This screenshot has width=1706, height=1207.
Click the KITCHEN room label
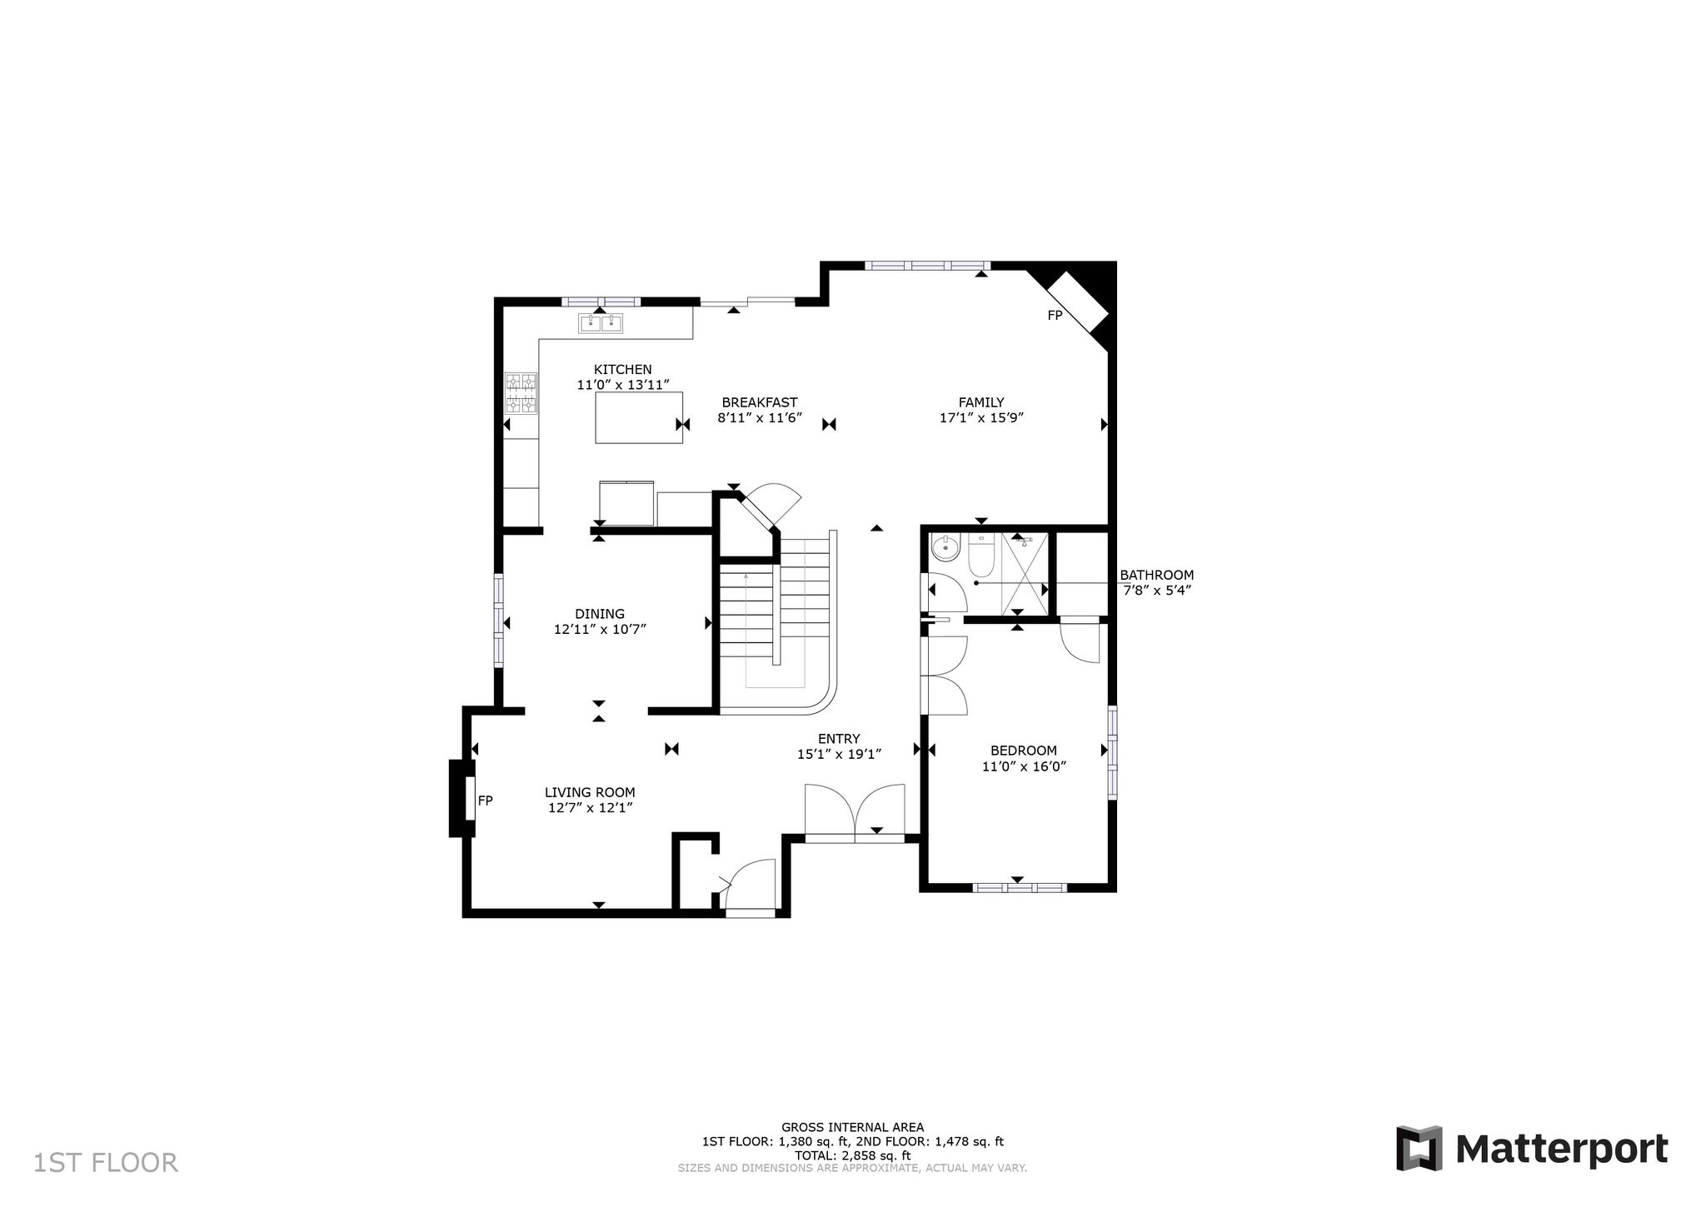pyautogui.click(x=622, y=370)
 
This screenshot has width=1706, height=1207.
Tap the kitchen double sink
pyautogui.click(x=601, y=323)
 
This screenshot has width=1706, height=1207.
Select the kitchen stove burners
pyautogui.click(x=521, y=393)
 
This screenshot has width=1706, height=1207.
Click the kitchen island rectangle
pyautogui.click(x=639, y=417)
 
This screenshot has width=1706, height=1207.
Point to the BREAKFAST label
pyautogui.click(x=760, y=402)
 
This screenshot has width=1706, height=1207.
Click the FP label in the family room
pyautogui.click(x=1055, y=316)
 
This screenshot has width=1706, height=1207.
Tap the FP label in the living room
pyautogui.click(x=485, y=801)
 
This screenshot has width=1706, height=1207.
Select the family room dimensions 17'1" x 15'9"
pyautogui.click(x=981, y=418)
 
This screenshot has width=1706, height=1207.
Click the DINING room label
pyautogui.click(x=600, y=614)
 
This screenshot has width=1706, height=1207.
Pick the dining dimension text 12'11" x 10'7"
pyautogui.click(x=600, y=630)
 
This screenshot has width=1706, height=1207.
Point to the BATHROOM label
pyautogui.click(x=1156, y=575)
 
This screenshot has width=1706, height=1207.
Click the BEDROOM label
pyautogui.click(x=1024, y=751)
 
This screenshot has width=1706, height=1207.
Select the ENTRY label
pyautogui.click(x=839, y=739)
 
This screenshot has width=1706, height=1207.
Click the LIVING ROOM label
pyautogui.click(x=590, y=792)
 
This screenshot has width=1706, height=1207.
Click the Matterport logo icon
pyautogui.click(x=1419, y=1148)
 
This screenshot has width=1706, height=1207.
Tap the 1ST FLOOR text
pyautogui.click(x=106, y=1163)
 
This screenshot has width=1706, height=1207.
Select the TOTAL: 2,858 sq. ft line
pyautogui.click(x=852, y=1155)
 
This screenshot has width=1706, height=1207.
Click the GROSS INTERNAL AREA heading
pyautogui.click(x=852, y=1127)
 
